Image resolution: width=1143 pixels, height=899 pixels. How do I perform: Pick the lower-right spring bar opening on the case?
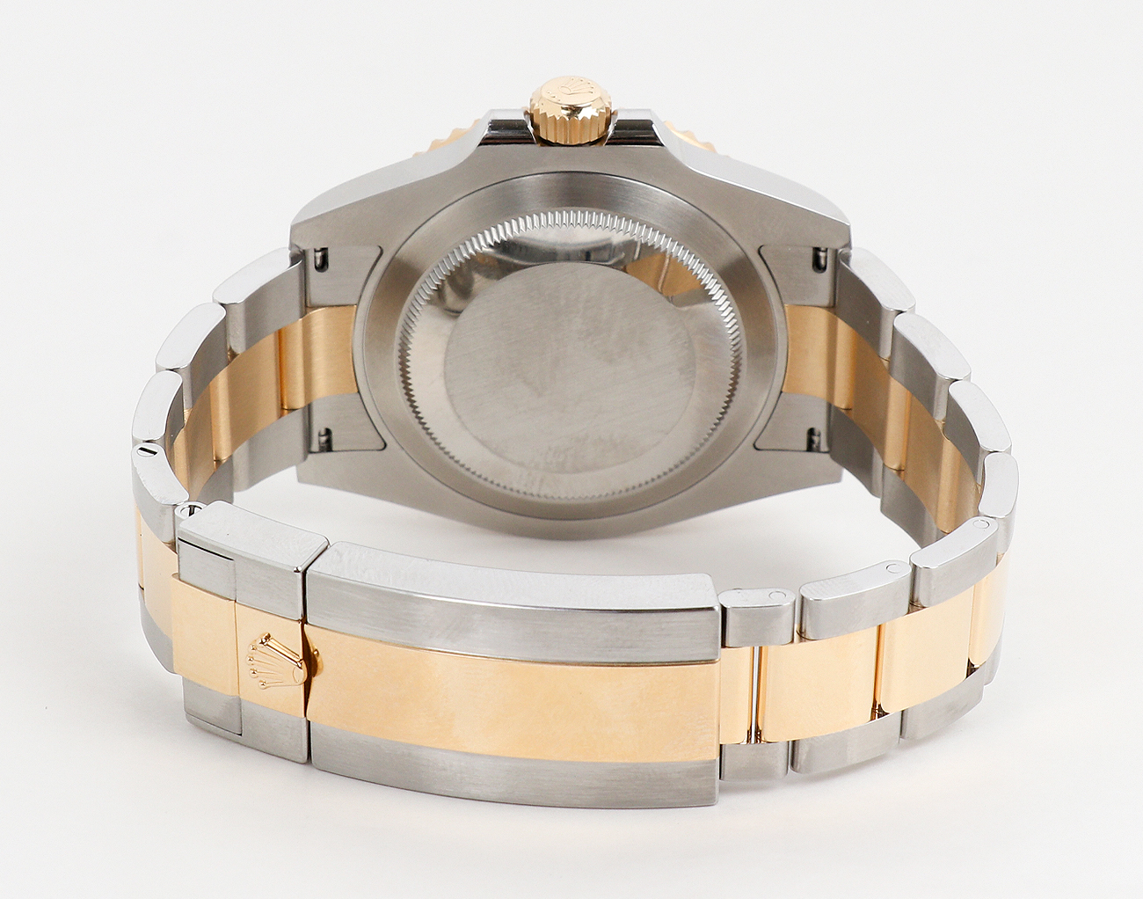pos(813,433)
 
